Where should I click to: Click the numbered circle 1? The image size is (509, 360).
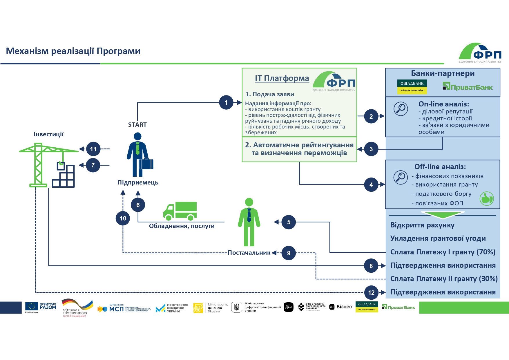[x=226, y=102]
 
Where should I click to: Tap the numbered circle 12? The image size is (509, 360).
[x=371, y=292]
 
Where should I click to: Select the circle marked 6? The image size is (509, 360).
[x=138, y=205]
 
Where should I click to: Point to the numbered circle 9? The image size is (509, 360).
[x=289, y=253]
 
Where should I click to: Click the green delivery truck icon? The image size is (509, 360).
[x=180, y=211]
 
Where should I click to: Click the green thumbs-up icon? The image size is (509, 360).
[x=486, y=199]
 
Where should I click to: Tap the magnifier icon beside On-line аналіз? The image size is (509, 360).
[x=401, y=109]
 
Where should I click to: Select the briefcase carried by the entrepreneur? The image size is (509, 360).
[x=146, y=164]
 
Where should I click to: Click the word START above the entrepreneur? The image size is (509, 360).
[x=137, y=125]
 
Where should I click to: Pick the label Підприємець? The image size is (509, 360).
[x=138, y=182]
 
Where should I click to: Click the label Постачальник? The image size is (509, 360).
[x=249, y=253]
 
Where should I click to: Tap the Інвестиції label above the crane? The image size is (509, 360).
[x=48, y=134]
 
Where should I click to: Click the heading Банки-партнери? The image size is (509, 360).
[x=443, y=73]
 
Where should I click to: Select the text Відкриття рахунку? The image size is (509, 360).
[x=422, y=225]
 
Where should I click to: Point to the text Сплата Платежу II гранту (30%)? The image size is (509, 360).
[x=444, y=279]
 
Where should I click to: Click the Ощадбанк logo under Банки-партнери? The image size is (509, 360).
[x=412, y=87]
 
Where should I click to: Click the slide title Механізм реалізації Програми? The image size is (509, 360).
[x=73, y=51]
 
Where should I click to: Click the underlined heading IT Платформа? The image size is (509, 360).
[x=282, y=78]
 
